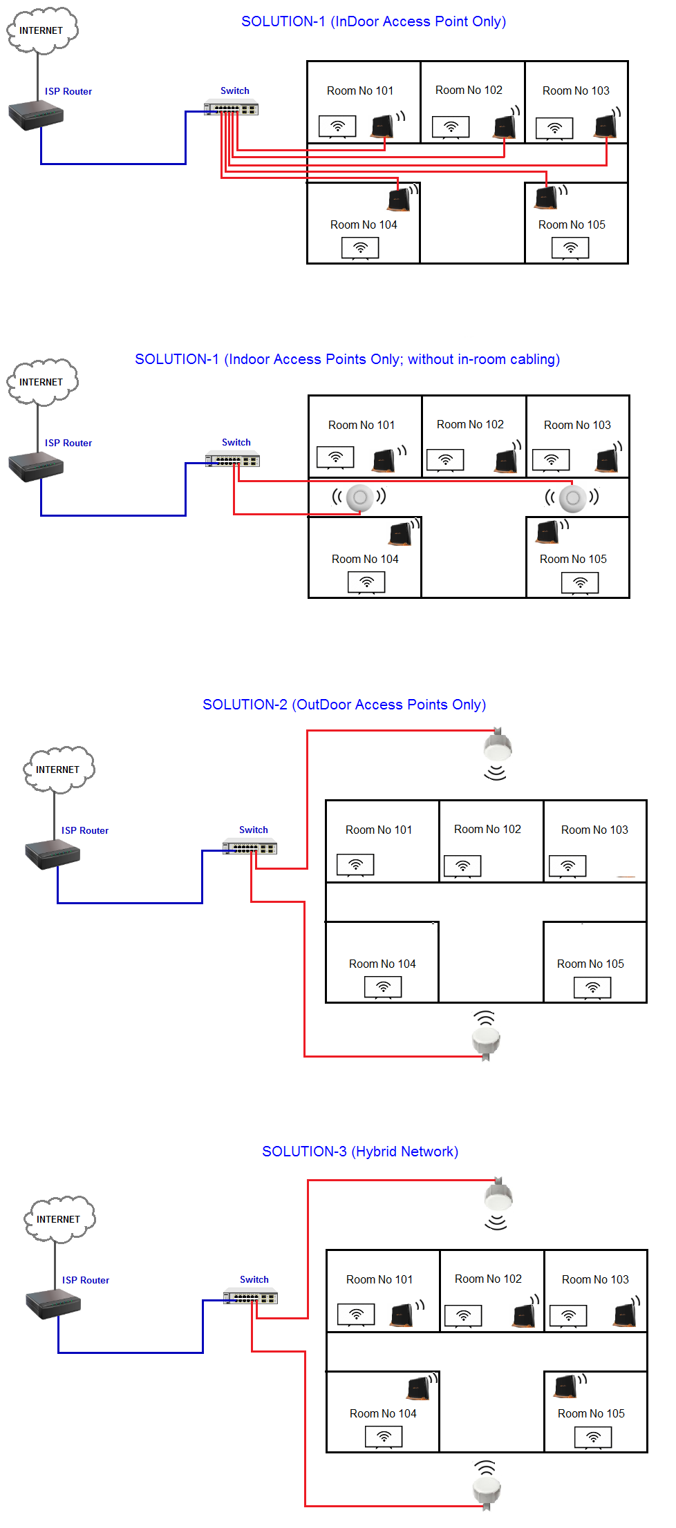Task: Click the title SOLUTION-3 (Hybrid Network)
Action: tap(360, 1152)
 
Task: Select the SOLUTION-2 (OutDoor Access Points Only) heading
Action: tap(344, 705)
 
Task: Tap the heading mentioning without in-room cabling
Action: tap(347, 359)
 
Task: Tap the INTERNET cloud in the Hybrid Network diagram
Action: tap(59, 1219)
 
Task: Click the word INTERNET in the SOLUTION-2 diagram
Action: tap(58, 770)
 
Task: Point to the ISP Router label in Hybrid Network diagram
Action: tap(86, 1280)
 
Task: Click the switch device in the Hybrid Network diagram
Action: tap(250, 1297)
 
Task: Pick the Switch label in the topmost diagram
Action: tap(235, 90)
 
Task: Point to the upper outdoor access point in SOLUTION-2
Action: tap(498, 747)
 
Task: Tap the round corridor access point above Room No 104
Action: tap(359, 497)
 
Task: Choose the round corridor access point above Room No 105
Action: tap(572, 497)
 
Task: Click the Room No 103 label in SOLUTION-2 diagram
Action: tap(594, 830)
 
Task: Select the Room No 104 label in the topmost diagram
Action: tap(364, 225)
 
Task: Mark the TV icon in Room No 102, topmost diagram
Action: tap(451, 127)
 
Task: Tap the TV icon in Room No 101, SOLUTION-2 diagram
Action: tap(355, 865)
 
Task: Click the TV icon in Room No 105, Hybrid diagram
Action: tap(593, 1438)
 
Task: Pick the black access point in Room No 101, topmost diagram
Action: tap(383, 126)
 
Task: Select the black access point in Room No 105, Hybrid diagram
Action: tap(566, 1386)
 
